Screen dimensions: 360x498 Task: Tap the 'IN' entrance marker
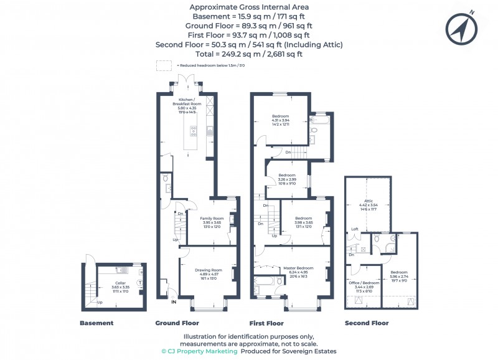coord(174,302)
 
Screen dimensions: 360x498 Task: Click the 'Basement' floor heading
coord(96,323)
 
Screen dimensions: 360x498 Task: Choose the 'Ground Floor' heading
coord(177,323)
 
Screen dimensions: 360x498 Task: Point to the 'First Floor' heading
coord(266,323)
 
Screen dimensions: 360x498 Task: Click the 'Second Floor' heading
coord(367,323)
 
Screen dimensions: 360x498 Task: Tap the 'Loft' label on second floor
coord(355,229)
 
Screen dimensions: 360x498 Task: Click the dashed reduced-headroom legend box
coord(164,65)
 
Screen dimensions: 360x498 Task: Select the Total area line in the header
coord(248,54)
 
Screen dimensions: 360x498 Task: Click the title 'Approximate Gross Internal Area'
coord(248,7)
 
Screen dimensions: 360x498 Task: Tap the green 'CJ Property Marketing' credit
coord(199,351)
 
